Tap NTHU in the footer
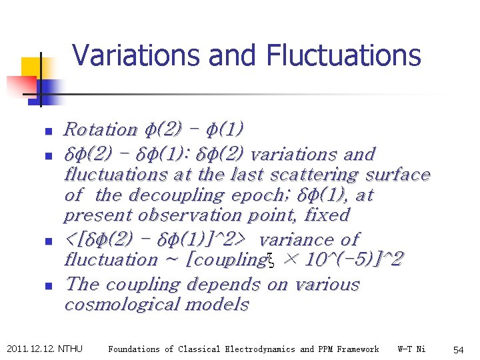71,349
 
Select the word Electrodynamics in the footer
261,349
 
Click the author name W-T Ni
411,349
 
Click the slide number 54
458,349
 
